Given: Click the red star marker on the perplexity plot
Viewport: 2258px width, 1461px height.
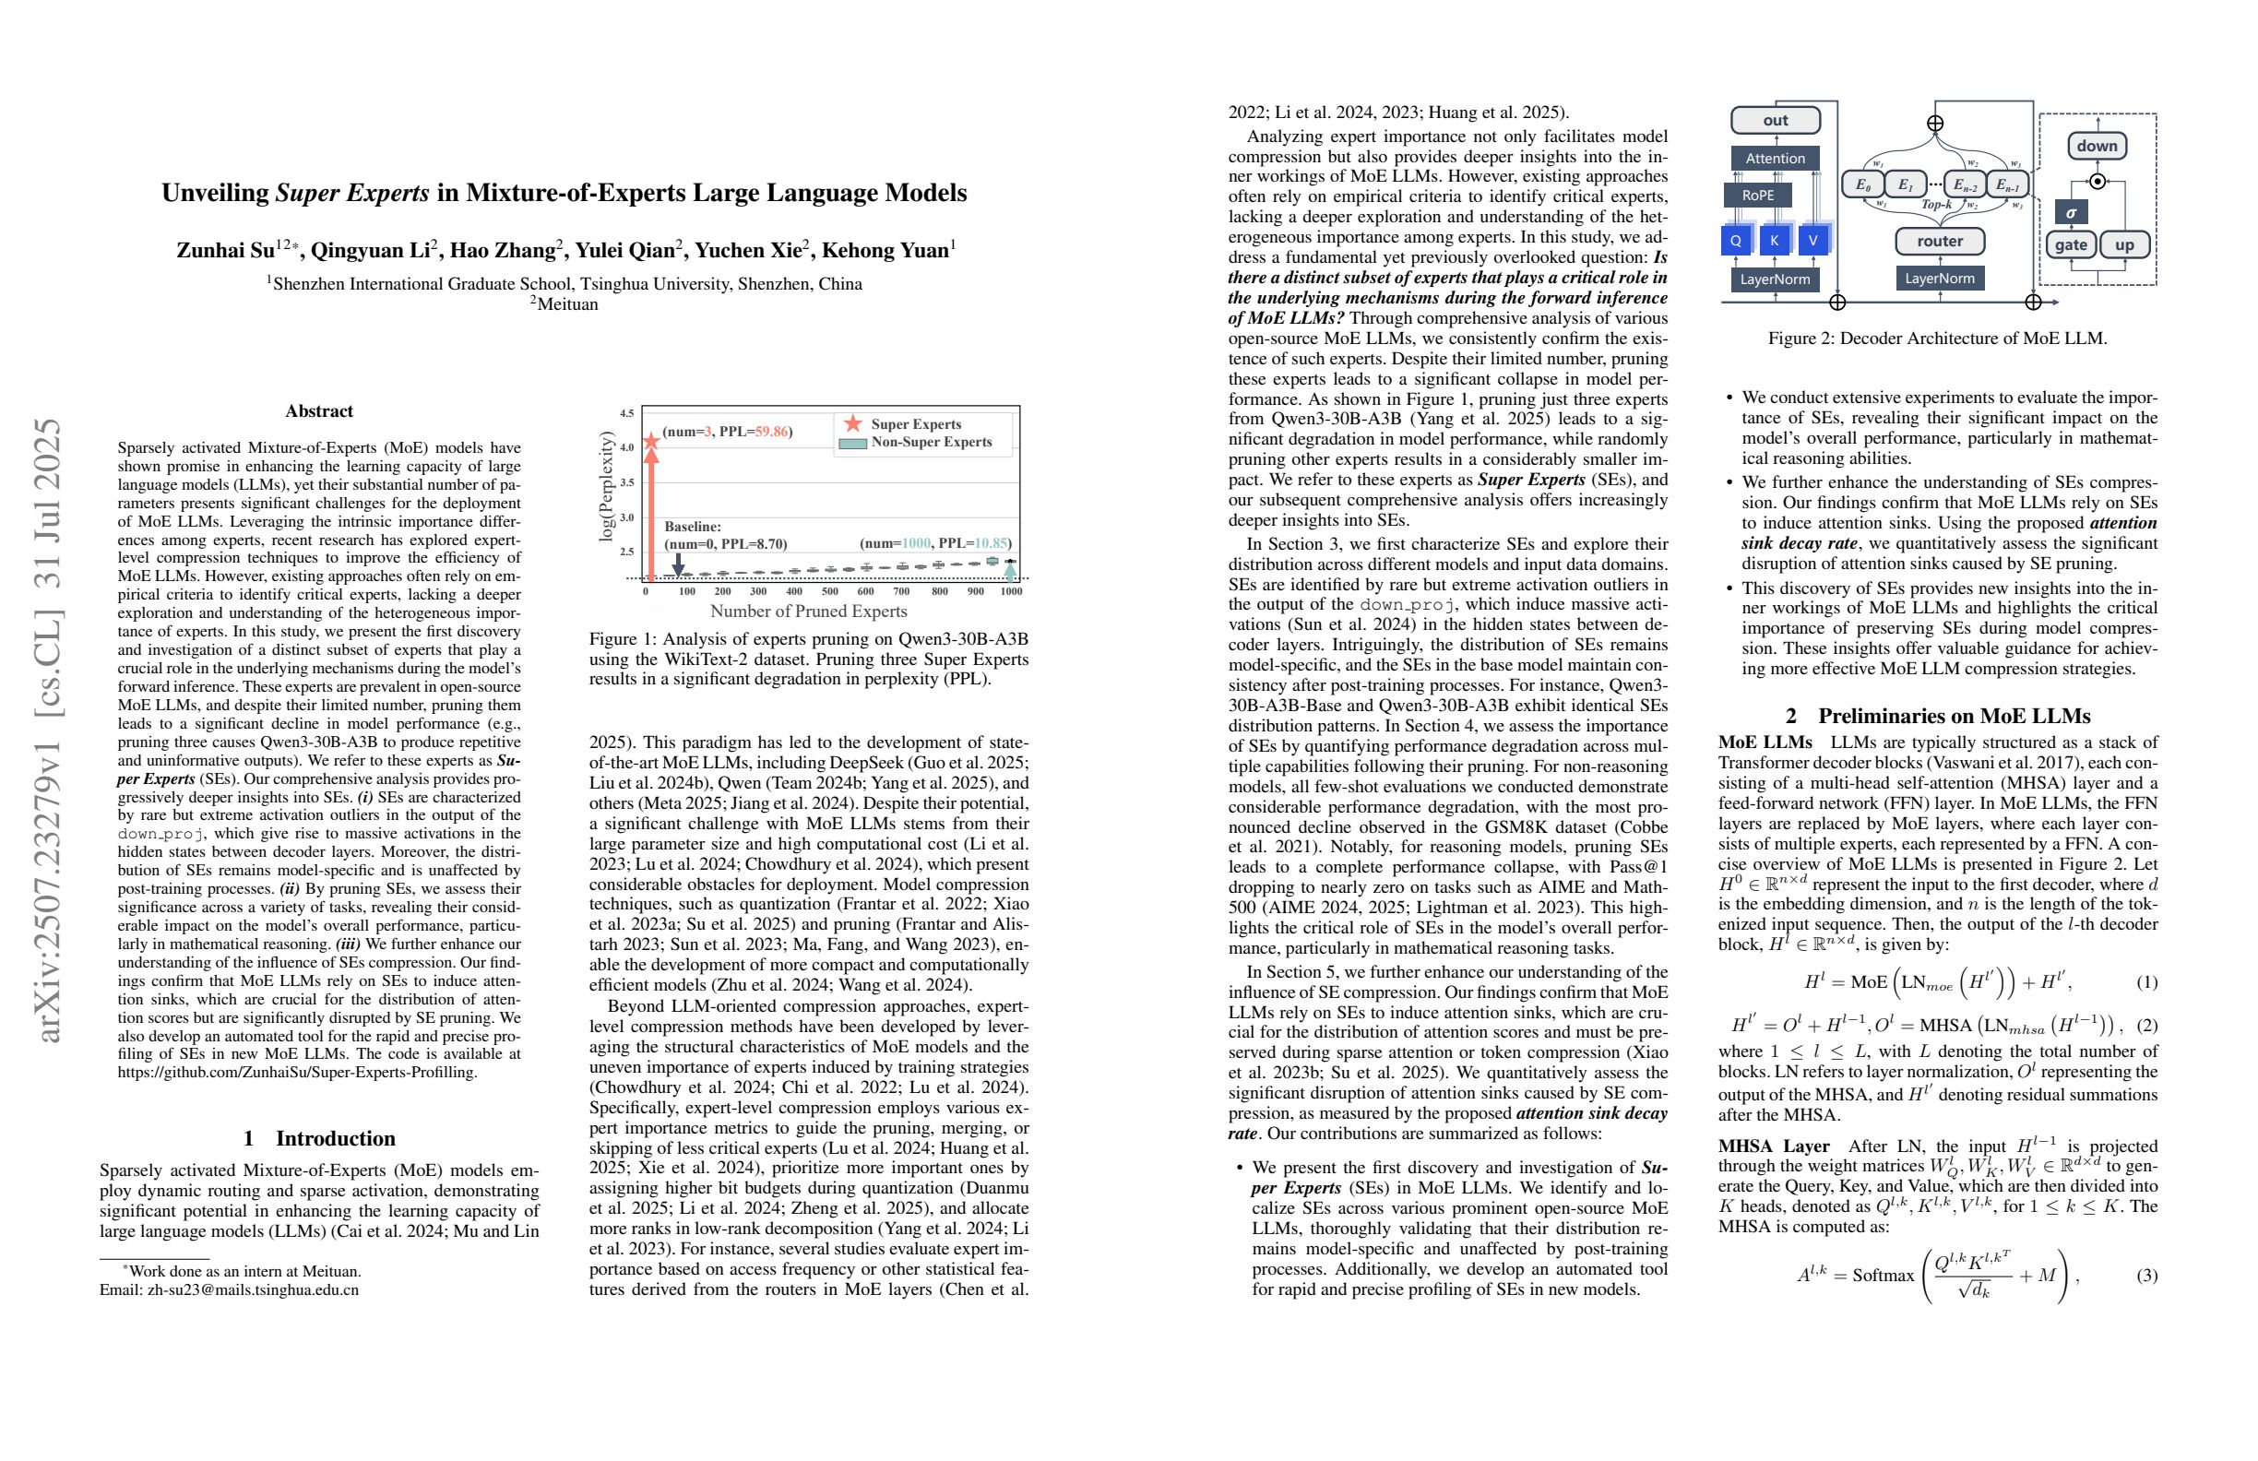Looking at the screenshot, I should tap(651, 440).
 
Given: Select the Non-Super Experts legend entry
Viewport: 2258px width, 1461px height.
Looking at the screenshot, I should tap(917, 443).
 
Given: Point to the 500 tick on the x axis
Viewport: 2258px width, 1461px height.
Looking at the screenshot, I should tap(829, 591).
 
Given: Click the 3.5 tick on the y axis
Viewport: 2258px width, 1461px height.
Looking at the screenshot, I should tap(627, 483).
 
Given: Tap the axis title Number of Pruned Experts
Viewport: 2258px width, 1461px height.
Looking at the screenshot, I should tap(808, 612).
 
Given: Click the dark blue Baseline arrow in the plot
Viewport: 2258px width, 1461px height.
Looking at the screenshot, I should tap(677, 565).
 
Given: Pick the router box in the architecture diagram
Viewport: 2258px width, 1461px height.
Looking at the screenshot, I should tap(1939, 241).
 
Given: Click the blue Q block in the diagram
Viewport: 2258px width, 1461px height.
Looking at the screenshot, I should tap(1735, 240).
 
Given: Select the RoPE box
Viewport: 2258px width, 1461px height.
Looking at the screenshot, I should tap(1757, 195).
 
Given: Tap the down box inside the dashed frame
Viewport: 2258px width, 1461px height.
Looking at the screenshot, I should tap(2097, 146).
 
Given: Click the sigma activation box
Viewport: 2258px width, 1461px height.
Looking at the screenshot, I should tap(2070, 212).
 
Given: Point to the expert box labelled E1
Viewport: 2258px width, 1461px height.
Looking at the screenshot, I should tap(1905, 184).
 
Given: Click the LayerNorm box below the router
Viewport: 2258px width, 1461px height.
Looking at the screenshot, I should tap(1939, 278).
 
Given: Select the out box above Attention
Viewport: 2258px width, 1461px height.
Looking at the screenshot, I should tap(1775, 121).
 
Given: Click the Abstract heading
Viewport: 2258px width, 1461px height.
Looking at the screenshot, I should tap(319, 410).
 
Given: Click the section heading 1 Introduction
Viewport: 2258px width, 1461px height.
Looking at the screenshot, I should tap(319, 1138).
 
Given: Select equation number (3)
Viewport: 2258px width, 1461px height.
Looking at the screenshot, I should tap(2146, 1275).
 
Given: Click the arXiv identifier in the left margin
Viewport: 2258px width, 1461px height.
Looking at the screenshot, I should tap(49, 730).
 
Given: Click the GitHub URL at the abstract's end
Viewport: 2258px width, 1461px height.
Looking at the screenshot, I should tap(297, 1072).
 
